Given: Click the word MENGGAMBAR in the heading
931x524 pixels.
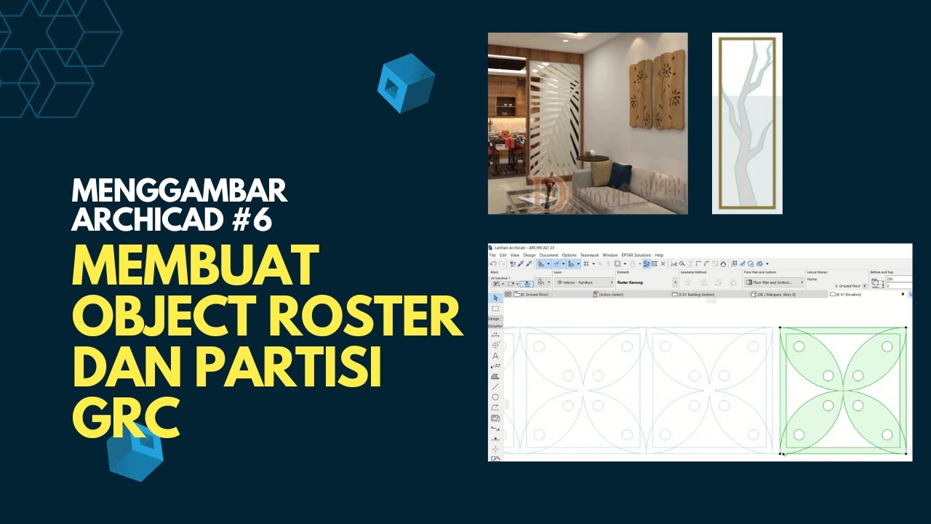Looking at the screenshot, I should tap(179, 191).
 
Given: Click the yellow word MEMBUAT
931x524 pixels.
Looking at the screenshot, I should tap(196, 266).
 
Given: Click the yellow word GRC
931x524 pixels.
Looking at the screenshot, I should tap(125, 420).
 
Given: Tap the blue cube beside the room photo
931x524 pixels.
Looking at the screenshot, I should tap(405, 82).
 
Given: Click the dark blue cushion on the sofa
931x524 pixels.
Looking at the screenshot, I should tap(620, 175).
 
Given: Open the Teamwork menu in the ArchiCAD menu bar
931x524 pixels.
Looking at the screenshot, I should tap(589, 255).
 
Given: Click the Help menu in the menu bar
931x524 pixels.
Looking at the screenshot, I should tap(659, 255).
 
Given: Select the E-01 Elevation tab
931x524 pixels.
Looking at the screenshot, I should tap(852, 295).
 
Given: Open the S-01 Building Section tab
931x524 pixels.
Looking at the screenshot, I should tap(696, 295).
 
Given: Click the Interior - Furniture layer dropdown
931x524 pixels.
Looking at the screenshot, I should tap(582, 282).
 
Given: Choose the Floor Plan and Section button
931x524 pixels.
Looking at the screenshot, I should tap(772, 282).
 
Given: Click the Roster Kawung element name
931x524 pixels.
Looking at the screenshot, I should tap(630, 282).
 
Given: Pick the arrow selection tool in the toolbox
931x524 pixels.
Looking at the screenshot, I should tap(495, 298).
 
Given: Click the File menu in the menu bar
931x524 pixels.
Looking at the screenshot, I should tap(492, 255).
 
